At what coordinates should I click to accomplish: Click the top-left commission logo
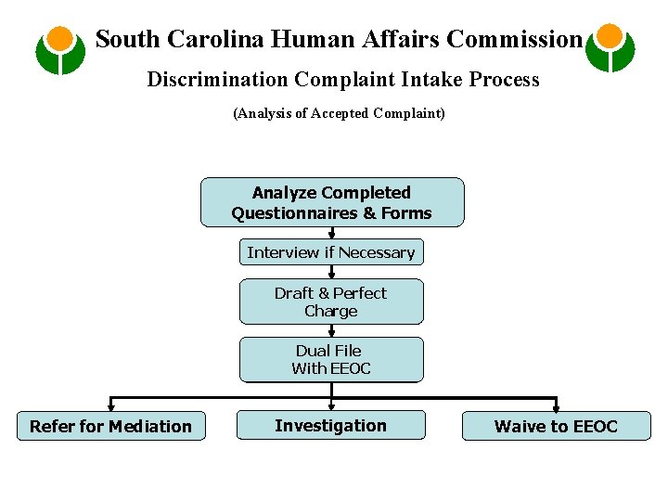point(60,49)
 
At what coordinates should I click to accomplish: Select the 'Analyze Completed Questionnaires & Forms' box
point(332,202)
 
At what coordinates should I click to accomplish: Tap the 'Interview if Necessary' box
point(331,252)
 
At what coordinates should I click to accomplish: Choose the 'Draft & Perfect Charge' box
point(331,302)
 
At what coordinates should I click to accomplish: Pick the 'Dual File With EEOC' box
point(331,359)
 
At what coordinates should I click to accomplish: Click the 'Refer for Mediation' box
point(110,426)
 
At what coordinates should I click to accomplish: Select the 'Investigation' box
point(331,425)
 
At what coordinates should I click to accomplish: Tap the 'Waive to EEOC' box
point(556,426)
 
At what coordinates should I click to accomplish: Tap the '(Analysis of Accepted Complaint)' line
point(339,113)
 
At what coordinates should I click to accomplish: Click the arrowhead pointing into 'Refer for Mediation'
point(110,405)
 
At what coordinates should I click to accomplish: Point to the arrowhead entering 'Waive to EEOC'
point(556,405)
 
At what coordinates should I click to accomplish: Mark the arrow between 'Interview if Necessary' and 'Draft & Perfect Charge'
point(331,272)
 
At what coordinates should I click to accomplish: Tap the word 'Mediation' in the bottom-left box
point(148,427)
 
